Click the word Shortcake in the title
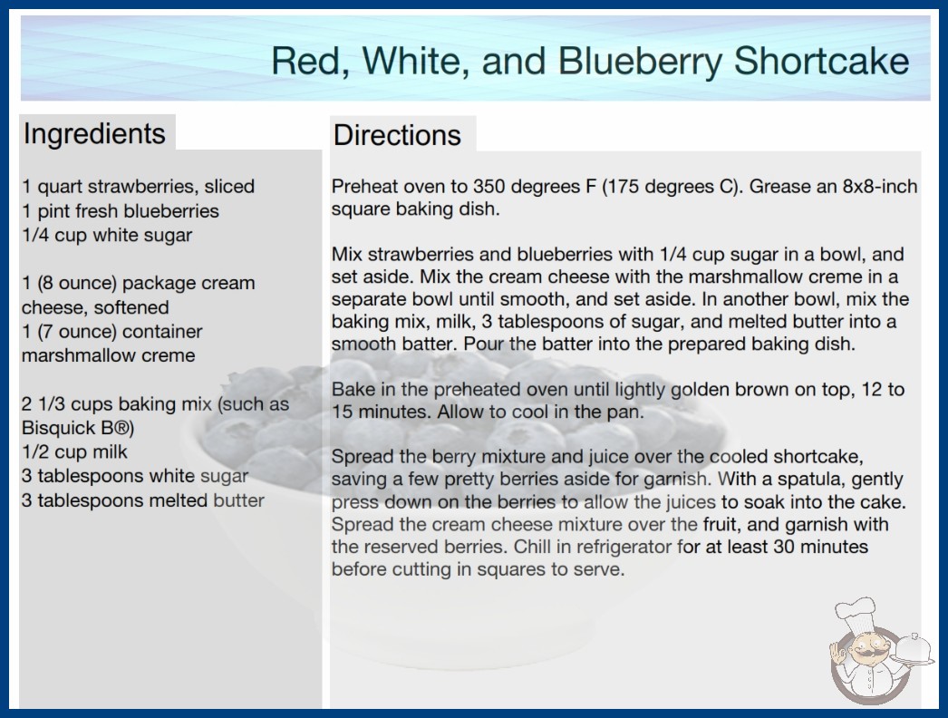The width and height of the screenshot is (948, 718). pyautogui.click(x=821, y=61)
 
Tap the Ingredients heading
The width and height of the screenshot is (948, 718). pyautogui.click(x=94, y=134)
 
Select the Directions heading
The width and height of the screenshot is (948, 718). pyautogui.click(x=397, y=135)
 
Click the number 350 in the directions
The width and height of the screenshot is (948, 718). pyautogui.click(x=489, y=187)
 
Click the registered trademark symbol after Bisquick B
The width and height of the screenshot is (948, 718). pyautogui.click(x=121, y=428)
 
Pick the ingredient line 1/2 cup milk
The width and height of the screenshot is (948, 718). pyautogui.click(x=75, y=451)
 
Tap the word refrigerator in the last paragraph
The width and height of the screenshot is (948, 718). pyautogui.click(x=624, y=547)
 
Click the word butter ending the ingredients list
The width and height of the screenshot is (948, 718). pyautogui.click(x=239, y=500)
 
